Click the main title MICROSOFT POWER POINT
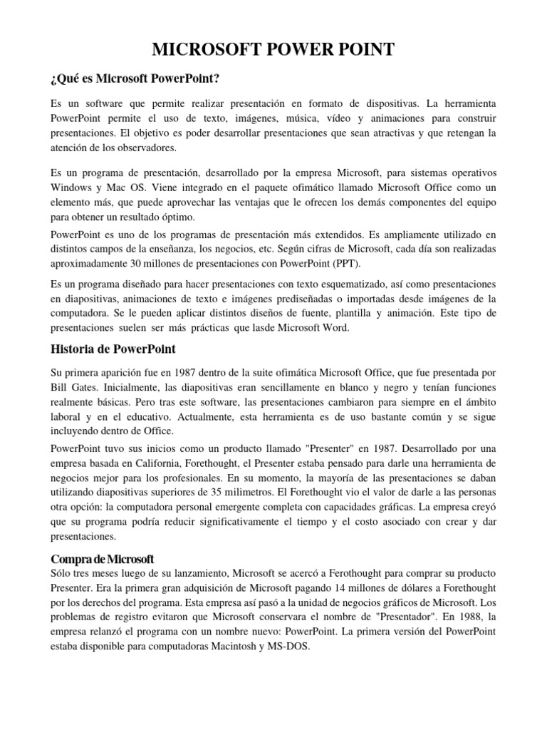(273, 49)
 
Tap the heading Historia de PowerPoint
(113, 349)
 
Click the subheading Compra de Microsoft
(102, 558)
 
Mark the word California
(150, 463)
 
